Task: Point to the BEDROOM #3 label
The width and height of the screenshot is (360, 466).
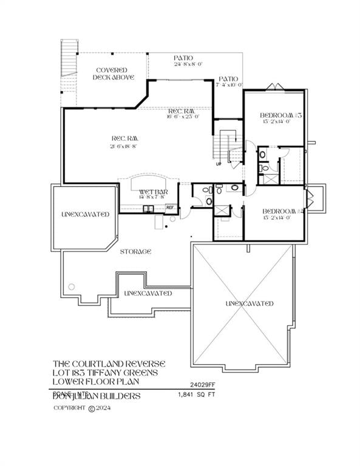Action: point(277,118)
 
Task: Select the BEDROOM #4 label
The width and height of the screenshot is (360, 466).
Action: point(277,213)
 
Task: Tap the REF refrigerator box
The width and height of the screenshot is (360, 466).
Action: point(171,207)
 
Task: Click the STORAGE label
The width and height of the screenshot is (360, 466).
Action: point(135,251)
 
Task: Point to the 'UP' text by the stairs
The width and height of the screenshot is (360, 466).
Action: point(219,164)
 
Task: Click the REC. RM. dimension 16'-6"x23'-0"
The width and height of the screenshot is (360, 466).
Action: point(183,116)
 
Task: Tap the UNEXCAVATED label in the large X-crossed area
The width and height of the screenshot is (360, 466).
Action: point(249,303)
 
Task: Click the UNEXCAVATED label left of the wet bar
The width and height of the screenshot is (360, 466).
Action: point(85,214)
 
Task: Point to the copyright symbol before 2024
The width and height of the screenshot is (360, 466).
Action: point(92,408)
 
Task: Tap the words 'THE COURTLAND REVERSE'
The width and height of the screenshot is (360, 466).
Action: point(107,363)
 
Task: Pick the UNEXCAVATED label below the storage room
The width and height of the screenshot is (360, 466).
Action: point(148,293)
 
